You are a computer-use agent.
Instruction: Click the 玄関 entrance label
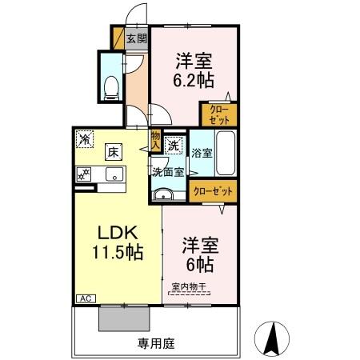click(137, 38)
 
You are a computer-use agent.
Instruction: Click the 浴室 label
click(202, 153)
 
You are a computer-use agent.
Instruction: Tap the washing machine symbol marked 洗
click(174, 146)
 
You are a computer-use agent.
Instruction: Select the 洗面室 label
click(168, 170)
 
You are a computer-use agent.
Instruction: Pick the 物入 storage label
click(155, 141)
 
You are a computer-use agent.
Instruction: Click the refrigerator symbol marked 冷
click(85, 138)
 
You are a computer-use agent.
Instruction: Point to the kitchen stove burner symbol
click(83, 174)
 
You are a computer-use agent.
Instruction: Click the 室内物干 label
click(188, 287)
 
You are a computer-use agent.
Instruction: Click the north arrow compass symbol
click(273, 338)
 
